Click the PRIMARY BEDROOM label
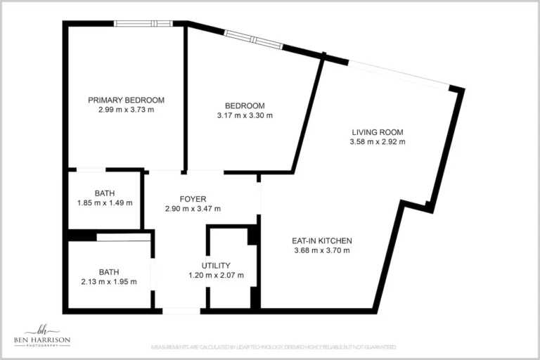(x=126, y=100)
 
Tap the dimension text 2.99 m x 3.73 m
(x=126, y=110)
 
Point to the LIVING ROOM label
(x=378, y=131)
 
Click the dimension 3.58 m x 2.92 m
(x=378, y=141)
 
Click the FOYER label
(x=193, y=199)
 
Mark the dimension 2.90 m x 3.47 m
(x=193, y=209)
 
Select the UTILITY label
(x=216, y=265)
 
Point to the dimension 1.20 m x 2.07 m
(x=216, y=275)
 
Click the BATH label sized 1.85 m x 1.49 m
(x=105, y=193)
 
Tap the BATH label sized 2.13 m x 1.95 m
(x=108, y=271)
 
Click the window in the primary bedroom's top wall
(x=143, y=23)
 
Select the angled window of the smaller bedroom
(x=253, y=39)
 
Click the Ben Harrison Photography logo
(x=42, y=336)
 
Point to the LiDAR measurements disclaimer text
(x=274, y=347)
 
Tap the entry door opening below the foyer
(x=181, y=310)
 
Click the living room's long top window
(x=399, y=75)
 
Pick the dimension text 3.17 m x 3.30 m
(x=244, y=115)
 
